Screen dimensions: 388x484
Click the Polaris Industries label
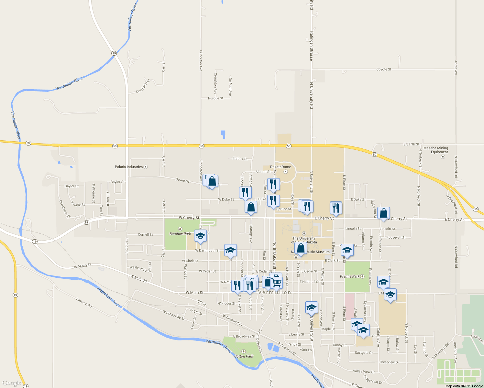(129, 167)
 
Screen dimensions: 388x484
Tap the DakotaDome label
(280, 167)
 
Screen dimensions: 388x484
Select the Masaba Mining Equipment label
(436, 150)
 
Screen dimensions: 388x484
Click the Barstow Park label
(180, 234)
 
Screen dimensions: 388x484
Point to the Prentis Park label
(350, 276)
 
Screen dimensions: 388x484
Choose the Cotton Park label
(244, 356)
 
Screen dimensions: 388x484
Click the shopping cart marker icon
(277, 282)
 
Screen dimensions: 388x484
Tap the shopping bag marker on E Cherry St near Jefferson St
(383, 213)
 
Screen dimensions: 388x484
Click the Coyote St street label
(384, 70)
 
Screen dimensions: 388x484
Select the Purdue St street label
(215, 98)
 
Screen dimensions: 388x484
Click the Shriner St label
(240, 159)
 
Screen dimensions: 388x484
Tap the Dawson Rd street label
(84, 303)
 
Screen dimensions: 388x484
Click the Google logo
(11, 383)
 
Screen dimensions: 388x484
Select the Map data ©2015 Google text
(464, 386)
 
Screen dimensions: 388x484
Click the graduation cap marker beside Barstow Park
(200, 236)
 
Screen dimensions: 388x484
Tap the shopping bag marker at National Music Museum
(301, 248)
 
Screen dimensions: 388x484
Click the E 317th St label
(411, 144)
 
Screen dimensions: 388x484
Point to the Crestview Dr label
(389, 362)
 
